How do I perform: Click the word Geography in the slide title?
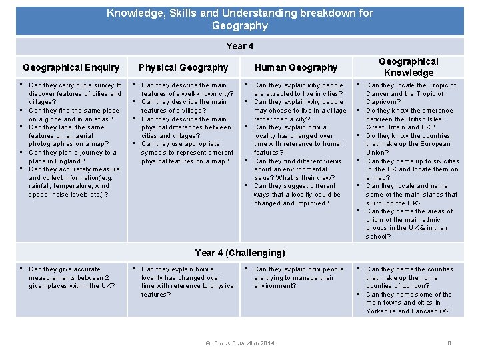pos(240,26)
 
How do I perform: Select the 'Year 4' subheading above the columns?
pos(240,46)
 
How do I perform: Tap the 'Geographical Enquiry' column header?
pos(71,67)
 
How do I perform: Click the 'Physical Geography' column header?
pos(183,67)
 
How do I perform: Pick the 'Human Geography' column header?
pos(296,67)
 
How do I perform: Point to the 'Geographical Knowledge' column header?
pos(409,67)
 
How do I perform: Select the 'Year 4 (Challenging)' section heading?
pos(240,253)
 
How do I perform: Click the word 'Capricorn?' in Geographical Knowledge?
pos(383,102)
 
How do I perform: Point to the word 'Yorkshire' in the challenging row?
pos(381,311)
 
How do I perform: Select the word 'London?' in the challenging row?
pos(416,286)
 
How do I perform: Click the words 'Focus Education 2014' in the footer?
pos(244,343)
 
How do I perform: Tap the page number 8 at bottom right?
pos(449,343)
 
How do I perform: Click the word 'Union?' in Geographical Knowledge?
pos(377,153)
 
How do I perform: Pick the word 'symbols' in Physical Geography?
pos(153,153)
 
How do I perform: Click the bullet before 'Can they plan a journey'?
pos(21,152)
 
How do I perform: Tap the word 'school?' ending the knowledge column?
pos(378,237)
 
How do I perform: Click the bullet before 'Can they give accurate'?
pos(21,269)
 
